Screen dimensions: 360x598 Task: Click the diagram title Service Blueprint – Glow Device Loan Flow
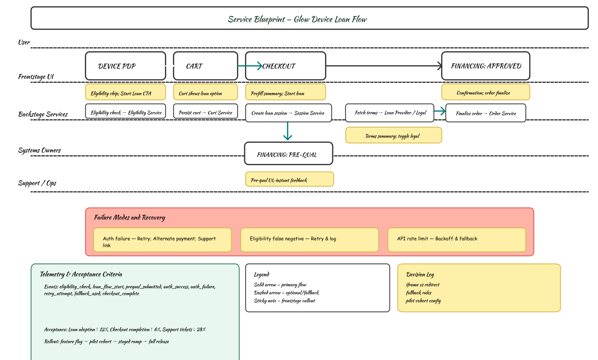(x=297, y=19)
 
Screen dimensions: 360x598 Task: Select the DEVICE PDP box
(x=125, y=66)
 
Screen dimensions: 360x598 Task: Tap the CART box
(x=205, y=66)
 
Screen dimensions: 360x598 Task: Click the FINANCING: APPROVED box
(x=486, y=66)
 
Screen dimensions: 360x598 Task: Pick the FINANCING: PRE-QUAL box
(x=288, y=154)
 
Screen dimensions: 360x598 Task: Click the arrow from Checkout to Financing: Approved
(x=383, y=66)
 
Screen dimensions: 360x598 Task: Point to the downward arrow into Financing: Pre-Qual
(x=287, y=131)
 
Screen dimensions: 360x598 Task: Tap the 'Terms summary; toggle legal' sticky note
(x=393, y=135)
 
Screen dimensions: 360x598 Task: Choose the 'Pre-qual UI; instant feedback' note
(x=289, y=179)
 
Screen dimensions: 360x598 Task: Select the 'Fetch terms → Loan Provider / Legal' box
(x=389, y=113)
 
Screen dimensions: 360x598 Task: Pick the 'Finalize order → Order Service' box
(x=486, y=113)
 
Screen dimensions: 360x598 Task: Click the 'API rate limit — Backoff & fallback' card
(x=456, y=240)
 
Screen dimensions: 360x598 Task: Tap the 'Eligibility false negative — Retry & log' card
(x=309, y=240)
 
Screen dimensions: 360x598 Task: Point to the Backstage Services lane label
(x=43, y=114)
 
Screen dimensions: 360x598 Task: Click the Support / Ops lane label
(x=37, y=183)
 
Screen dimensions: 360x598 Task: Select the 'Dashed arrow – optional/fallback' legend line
(x=286, y=293)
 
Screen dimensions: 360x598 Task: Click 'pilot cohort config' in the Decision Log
(x=423, y=301)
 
